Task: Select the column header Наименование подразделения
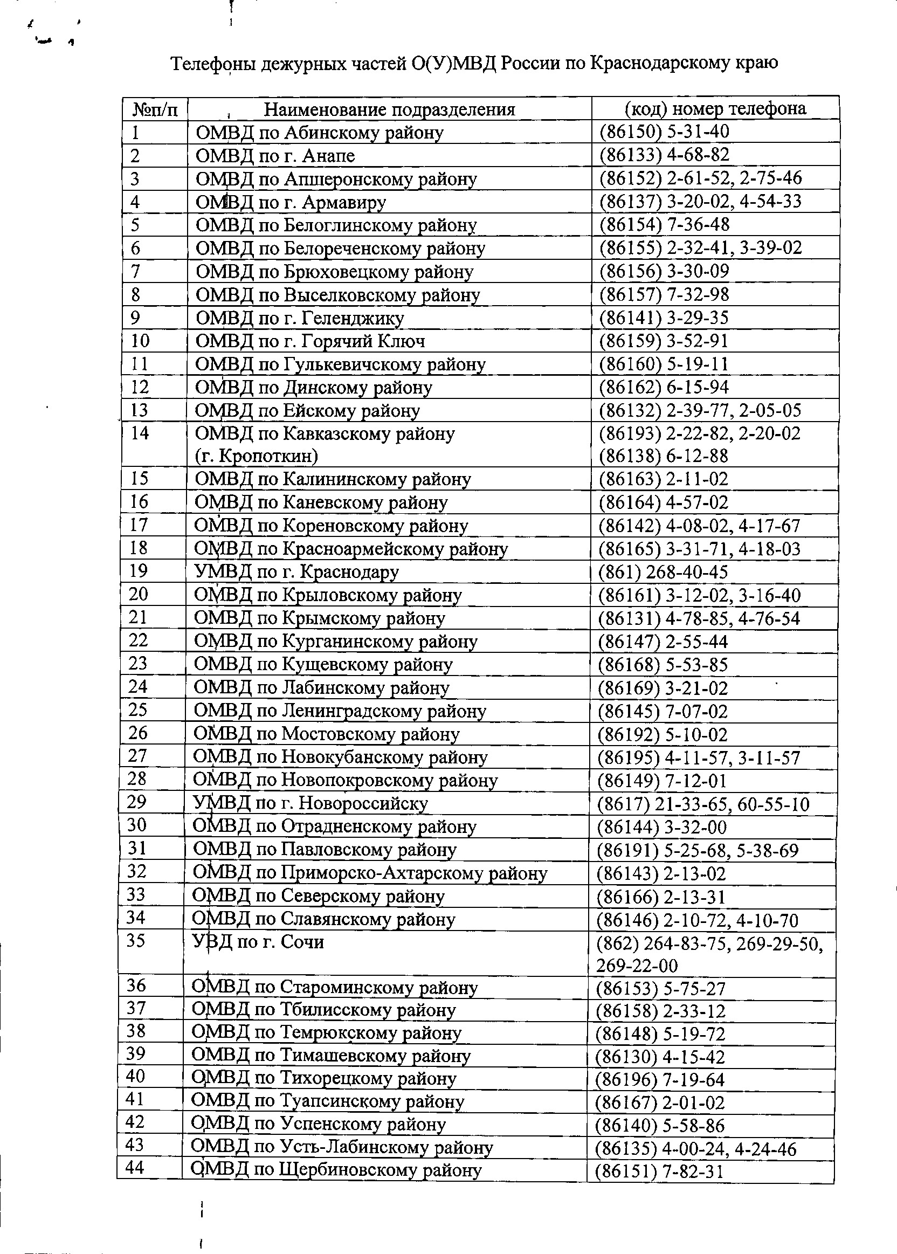click(389, 109)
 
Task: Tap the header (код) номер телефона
click(715, 108)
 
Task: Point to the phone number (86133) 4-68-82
click(665, 155)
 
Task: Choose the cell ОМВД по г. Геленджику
click(300, 318)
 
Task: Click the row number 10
click(140, 341)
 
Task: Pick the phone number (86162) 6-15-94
click(664, 387)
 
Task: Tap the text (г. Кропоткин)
click(256, 456)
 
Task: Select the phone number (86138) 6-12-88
click(664, 456)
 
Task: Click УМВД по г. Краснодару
click(296, 572)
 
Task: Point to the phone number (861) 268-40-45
click(663, 572)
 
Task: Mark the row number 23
click(138, 663)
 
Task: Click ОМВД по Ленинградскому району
click(340, 711)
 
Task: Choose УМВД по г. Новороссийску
click(310, 803)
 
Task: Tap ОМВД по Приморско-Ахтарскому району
click(369, 873)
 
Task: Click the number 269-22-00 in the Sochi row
click(636, 965)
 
